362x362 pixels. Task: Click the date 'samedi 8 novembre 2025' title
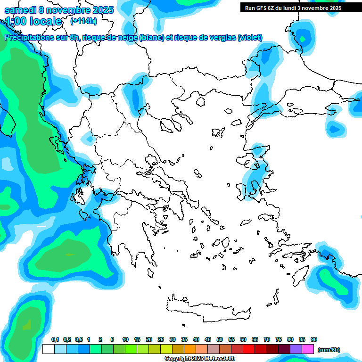[59, 10]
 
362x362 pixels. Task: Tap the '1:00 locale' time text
[33, 21]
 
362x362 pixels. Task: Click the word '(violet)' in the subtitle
[250, 38]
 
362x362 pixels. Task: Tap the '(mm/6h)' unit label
[329, 350]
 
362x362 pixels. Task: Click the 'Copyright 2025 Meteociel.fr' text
[200, 358]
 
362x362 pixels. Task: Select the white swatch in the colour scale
[48, 349]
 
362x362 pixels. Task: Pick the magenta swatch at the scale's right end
[308, 349]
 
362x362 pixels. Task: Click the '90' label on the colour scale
[314, 339]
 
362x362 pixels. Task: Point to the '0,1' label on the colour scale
[55, 339]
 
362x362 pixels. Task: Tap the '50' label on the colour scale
[220, 339]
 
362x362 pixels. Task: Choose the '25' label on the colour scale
[161, 339]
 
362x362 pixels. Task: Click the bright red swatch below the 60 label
[249, 349]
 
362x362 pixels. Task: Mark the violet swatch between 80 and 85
[296, 349]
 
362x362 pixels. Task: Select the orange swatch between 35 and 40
[190, 349]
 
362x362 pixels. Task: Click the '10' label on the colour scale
[125, 339]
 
